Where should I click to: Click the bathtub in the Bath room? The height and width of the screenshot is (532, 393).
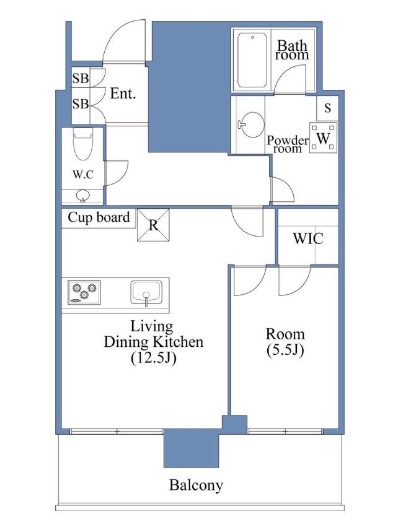click(252, 61)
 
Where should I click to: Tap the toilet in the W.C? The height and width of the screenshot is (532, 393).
click(83, 144)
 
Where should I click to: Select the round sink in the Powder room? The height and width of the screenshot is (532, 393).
click(252, 124)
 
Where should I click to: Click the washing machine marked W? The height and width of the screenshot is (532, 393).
click(323, 137)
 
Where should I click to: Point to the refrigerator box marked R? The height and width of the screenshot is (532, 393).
click(153, 225)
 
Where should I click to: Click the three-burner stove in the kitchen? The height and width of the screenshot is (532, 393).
click(84, 292)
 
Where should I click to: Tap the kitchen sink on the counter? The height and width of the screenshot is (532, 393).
click(146, 293)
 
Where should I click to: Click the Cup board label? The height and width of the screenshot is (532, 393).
click(99, 217)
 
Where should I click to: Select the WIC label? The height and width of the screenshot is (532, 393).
click(308, 238)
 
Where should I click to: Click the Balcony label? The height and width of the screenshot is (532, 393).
click(196, 485)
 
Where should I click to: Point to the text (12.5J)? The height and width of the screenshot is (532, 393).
click(154, 358)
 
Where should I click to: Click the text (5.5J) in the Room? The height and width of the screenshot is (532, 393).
click(285, 350)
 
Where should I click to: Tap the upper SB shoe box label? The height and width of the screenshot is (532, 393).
click(81, 79)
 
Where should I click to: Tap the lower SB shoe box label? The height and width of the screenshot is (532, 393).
click(81, 103)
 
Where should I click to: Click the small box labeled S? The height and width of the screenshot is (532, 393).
click(327, 108)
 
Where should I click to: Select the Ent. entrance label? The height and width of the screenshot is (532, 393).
click(123, 94)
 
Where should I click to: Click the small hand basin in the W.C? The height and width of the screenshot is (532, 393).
click(83, 196)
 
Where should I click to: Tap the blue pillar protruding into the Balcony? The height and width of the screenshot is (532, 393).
click(192, 448)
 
